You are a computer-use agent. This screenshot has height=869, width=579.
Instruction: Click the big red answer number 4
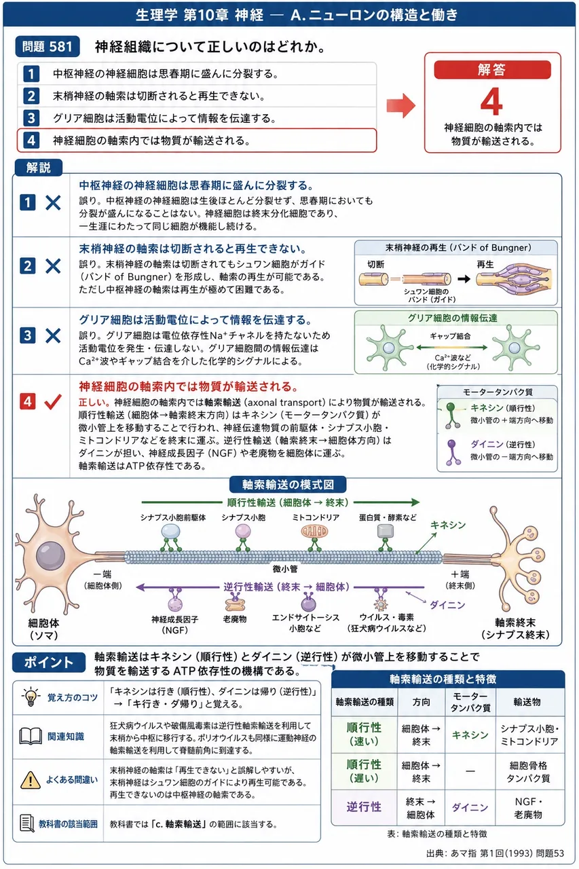pos(491,102)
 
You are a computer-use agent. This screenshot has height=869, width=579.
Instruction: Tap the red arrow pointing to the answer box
pos(401,105)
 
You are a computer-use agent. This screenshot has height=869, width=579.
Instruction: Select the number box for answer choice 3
pos(31,118)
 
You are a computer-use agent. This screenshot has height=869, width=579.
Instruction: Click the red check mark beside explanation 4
pos(53,402)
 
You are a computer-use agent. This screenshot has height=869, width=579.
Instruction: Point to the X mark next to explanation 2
pos(53,267)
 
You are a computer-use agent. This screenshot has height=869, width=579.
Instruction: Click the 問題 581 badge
pos(48,47)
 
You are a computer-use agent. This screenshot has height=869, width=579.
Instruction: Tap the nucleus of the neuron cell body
pos(50,556)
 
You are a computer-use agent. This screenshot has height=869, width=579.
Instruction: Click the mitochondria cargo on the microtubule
pos(314,532)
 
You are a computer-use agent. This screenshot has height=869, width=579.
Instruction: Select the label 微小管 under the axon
pos(285,569)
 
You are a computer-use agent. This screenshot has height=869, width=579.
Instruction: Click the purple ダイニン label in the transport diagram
pos(447,605)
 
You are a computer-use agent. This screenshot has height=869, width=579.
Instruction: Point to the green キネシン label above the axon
pos(448,525)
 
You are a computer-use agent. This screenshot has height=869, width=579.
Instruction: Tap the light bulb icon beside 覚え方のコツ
pos(31,697)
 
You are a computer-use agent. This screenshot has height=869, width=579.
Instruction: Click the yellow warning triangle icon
pos(31,780)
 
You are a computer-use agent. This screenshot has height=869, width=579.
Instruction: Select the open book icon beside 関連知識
pos(31,736)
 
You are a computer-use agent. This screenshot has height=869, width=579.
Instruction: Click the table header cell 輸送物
pos(527,702)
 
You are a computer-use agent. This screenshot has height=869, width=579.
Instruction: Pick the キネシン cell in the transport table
pos(470,735)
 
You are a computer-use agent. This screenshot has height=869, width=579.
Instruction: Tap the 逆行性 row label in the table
pos(364,807)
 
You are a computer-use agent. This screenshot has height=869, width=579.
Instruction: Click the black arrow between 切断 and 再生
pos(464,278)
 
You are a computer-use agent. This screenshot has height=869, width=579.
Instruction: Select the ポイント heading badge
pos(49,662)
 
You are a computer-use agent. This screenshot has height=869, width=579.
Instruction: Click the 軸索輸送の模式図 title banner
pos(288,485)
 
